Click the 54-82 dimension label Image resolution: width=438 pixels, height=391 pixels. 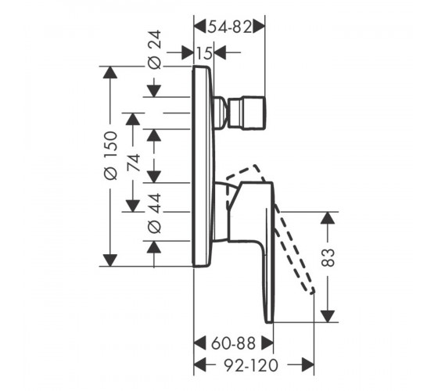pyautogui.click(x=230, y=27)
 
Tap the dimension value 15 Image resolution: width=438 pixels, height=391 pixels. pyautogui.click(x=204, y=52)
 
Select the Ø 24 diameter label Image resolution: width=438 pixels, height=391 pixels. pyautogui.click(x=154, y=49)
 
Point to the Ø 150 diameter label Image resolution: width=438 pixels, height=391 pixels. pyautogui.click(x=110, y=156)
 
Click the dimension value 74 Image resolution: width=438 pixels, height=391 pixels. pyautogui.click(x=133, y=163)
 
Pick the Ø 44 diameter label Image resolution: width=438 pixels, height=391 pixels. pyautogui.click(x=154, y=213)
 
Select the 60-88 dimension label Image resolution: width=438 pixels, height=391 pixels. pyautogui.click(x=233, y=343)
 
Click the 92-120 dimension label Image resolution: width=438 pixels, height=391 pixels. pyautogui.click(x=251, y=365)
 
